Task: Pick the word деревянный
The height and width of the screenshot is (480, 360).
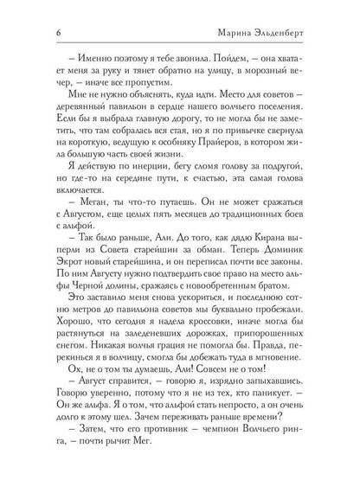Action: point(75,113)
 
